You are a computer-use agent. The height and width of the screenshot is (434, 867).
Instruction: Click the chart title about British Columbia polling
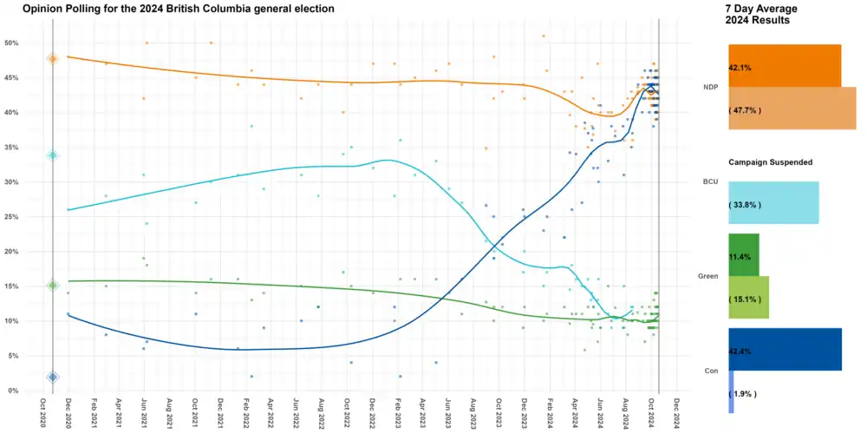click(179, 8)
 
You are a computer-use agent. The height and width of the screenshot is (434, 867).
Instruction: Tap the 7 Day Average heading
click(761, 8)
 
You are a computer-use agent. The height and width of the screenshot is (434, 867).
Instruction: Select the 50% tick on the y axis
click(12, 43)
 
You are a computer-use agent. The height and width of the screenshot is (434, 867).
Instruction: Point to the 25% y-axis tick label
click(12, 217)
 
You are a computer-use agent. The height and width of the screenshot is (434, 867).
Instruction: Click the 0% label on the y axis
click(14, 391)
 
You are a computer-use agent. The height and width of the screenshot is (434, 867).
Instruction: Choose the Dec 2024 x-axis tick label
click(676, 413)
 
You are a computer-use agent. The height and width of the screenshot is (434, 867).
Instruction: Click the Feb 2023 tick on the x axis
click(398, 413)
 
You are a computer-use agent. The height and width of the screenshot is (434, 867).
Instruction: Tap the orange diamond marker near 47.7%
click(52, 58)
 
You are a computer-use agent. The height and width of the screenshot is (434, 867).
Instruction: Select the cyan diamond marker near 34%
click(52, 155)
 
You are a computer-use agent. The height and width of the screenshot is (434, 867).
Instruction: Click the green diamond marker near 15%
click(52, 285)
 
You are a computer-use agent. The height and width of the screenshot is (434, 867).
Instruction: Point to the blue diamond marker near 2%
click(52, 377)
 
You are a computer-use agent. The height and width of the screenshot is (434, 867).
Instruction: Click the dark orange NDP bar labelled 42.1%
click(785, 66)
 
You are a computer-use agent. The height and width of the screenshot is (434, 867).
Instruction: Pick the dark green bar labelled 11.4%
click(744, 255)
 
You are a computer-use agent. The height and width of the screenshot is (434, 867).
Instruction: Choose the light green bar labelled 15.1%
click(748, 299)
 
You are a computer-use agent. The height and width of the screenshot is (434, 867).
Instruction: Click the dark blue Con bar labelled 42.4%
click(785, 350)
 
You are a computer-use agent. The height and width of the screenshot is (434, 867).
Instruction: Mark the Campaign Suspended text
click(770, 162)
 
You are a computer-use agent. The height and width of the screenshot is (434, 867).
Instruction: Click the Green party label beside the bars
click(707, 277)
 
